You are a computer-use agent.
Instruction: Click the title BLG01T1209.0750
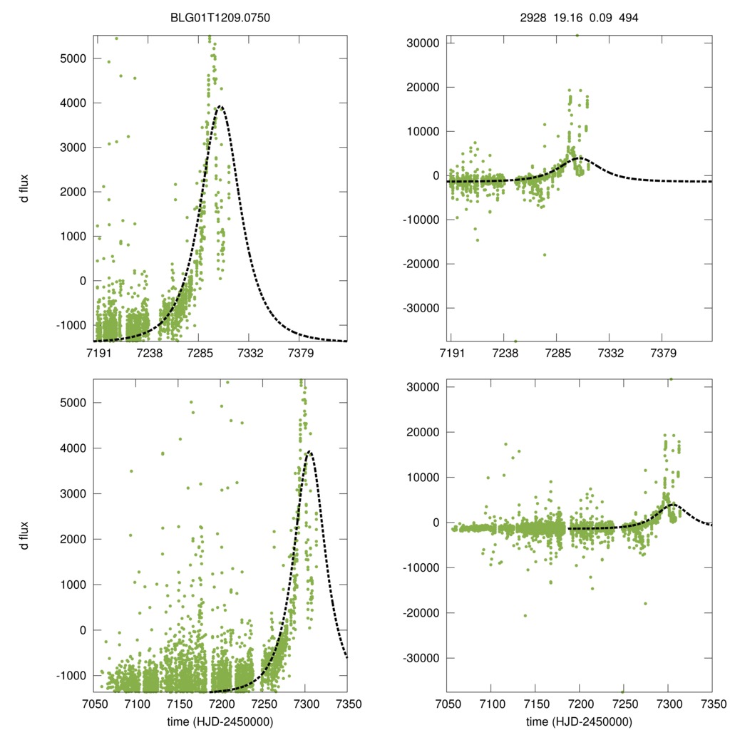coord(221,18)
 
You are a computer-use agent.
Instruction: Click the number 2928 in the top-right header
coord(534,18)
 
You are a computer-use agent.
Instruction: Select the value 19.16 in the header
coord(567,18)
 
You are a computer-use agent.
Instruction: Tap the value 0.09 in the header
coord(599,18)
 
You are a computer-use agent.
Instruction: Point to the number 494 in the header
coord(626,18)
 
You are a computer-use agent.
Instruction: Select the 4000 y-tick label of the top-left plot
coord(71,103)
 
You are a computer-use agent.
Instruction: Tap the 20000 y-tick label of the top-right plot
coord(423,88)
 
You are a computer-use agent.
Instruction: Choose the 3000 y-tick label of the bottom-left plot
coord(71,493)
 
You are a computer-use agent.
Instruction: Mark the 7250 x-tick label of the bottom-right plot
coord(624,704)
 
